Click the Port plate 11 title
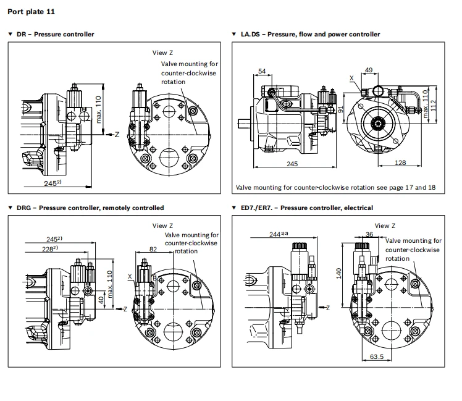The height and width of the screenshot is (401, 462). (31, 12)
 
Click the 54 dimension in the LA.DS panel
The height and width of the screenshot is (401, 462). (262, 71)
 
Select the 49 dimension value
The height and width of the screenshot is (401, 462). (369, 70)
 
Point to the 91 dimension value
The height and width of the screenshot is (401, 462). (341, 109)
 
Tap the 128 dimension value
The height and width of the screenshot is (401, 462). (400, 163)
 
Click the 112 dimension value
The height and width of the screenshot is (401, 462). (433, 106)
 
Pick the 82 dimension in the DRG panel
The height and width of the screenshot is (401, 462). (153, 249)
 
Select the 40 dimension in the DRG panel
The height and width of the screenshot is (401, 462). (101, 300)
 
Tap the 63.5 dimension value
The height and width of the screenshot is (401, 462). (377, 357)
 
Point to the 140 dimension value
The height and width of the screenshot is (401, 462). (338, 273)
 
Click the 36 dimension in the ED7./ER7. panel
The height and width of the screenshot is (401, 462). (369, 234)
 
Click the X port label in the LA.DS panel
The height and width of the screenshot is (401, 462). (351, 78)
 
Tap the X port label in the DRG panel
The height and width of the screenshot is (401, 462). (130, 277)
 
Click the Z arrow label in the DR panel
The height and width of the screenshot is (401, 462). (117, 135)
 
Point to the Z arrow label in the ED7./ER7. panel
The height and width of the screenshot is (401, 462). (328, 308)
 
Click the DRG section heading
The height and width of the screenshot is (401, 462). (90, 208)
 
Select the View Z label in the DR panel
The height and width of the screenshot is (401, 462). (162, 53)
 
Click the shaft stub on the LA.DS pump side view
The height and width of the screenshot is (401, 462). (244, 123)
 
